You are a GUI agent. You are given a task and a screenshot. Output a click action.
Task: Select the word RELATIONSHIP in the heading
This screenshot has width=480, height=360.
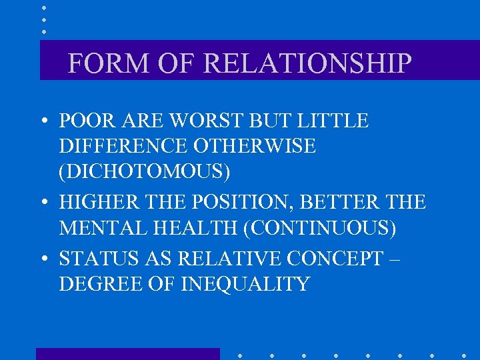tap(307, 63)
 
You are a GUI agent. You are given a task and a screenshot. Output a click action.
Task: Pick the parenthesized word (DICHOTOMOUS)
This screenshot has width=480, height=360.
tap(145, 171)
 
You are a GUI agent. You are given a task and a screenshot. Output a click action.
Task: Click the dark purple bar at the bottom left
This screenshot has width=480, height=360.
tap(127, 354)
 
